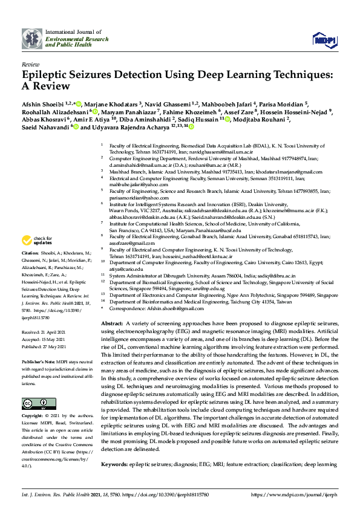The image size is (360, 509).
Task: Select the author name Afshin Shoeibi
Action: click(41, 104)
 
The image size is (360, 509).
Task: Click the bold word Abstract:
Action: click(111, 325)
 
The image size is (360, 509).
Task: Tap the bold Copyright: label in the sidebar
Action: click(34, 417)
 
